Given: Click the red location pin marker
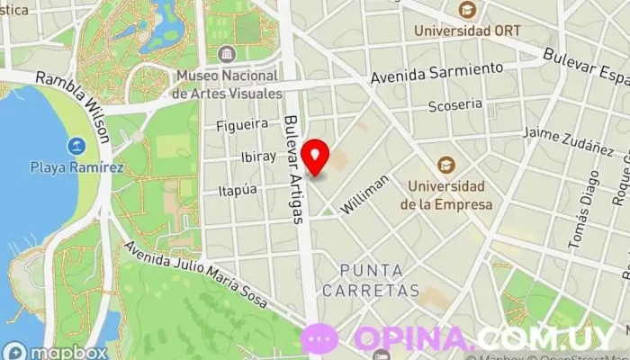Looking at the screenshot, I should [316, 157].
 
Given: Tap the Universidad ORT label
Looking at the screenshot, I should [467, 30].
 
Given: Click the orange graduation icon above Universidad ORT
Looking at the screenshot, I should [466, 10].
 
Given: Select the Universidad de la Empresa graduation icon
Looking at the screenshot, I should [445, 166].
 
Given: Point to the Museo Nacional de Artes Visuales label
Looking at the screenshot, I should [227, 84].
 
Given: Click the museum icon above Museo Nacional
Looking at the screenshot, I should [226, 52].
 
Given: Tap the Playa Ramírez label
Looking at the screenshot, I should [76, 166].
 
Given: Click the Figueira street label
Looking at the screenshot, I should [242, 124].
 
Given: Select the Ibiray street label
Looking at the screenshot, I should [259, 156].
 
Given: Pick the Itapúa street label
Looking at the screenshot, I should [238, 190].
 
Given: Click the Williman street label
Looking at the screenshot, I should [365, 194].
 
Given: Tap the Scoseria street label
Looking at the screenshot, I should [455, 104].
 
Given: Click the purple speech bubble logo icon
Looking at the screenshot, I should [319, 338].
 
